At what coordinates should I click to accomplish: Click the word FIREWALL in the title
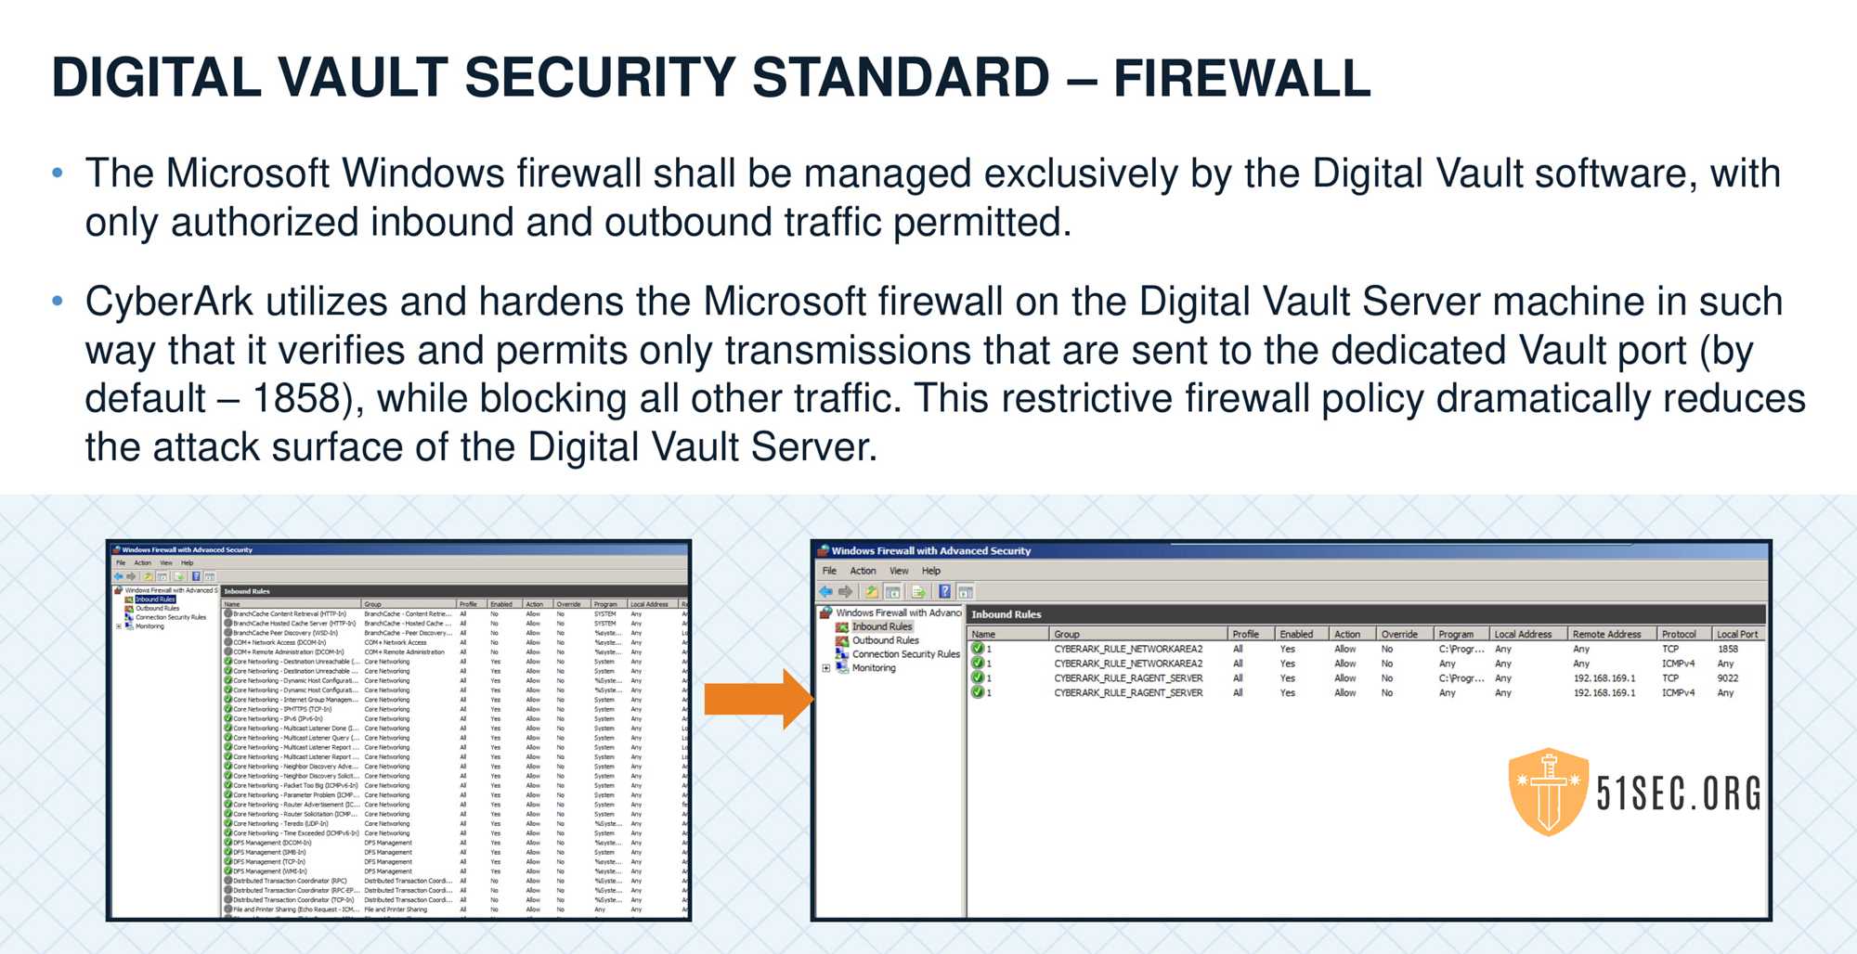1241,78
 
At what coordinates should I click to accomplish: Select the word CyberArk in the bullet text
168,302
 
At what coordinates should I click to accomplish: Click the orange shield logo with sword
1548,792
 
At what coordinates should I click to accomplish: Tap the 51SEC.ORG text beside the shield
1678,794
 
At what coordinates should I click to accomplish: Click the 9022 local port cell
1727,678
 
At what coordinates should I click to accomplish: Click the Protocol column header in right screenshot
1679,634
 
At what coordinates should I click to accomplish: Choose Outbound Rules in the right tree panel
885,640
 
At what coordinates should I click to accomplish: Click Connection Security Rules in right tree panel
905,654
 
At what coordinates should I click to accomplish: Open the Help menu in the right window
930,571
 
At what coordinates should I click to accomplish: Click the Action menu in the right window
863,571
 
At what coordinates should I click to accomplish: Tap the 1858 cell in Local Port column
1727,649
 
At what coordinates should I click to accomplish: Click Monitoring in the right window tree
874,668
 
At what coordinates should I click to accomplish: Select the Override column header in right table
1399,634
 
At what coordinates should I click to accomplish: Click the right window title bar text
930,550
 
